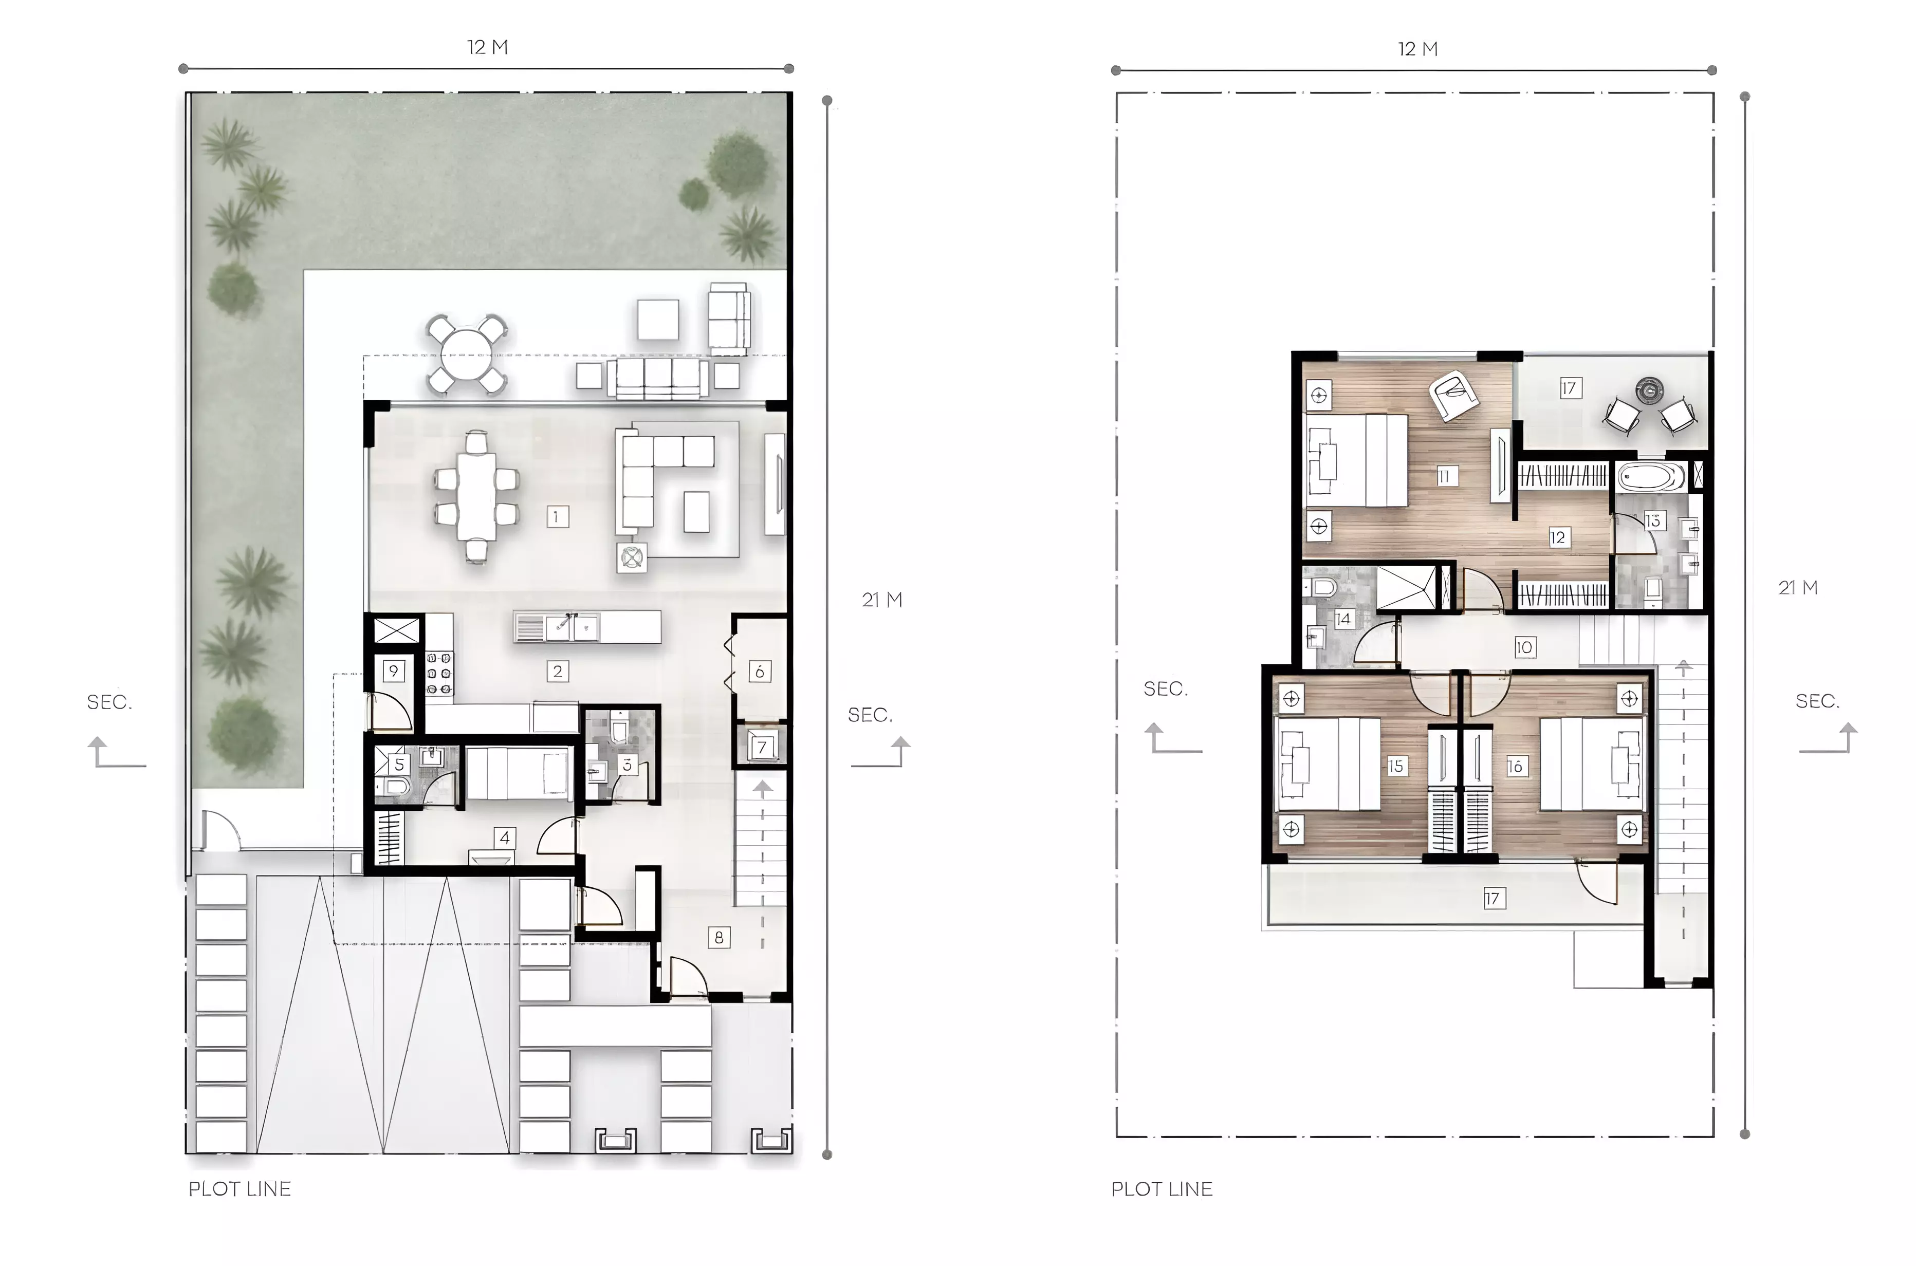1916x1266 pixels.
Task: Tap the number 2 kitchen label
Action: (557, 671)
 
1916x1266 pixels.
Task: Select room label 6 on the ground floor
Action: (759, 671)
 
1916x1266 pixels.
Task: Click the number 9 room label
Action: (393, 671)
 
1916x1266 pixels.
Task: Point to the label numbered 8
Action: (718, 937)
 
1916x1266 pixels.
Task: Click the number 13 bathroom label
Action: (1653, 521)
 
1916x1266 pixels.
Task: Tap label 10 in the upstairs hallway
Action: (1524, 647)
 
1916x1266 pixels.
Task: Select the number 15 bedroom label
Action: (1396, 766)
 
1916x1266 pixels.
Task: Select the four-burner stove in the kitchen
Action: (439, 674)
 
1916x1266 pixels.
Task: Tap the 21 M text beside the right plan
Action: (1798, 588)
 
